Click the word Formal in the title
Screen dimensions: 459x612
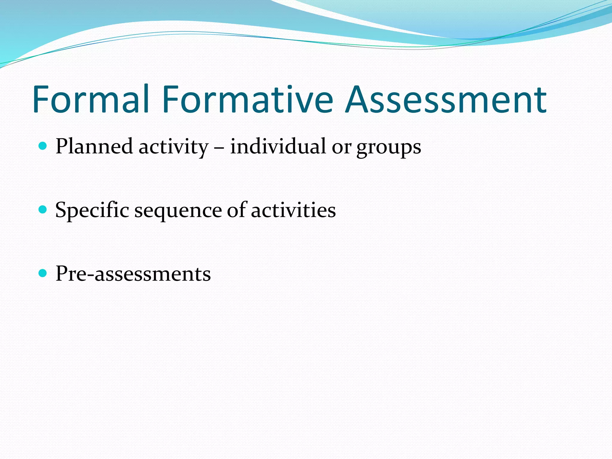click(91, 99)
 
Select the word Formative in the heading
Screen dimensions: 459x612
click(248, 99)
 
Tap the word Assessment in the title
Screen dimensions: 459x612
click(446, 99)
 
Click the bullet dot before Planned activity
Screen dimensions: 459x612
click(43, 146)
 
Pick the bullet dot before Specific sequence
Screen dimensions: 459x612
click(43, 209)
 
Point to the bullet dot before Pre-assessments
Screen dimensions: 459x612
click(43, 273)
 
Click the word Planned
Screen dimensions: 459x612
click(94, 147)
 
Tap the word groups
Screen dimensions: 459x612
click(388, 148)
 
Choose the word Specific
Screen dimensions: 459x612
click(92, 210)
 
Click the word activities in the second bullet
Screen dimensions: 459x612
click(293, 210)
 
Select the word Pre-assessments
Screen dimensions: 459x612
click(133, 274)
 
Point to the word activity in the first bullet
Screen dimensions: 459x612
click(173, 147)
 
